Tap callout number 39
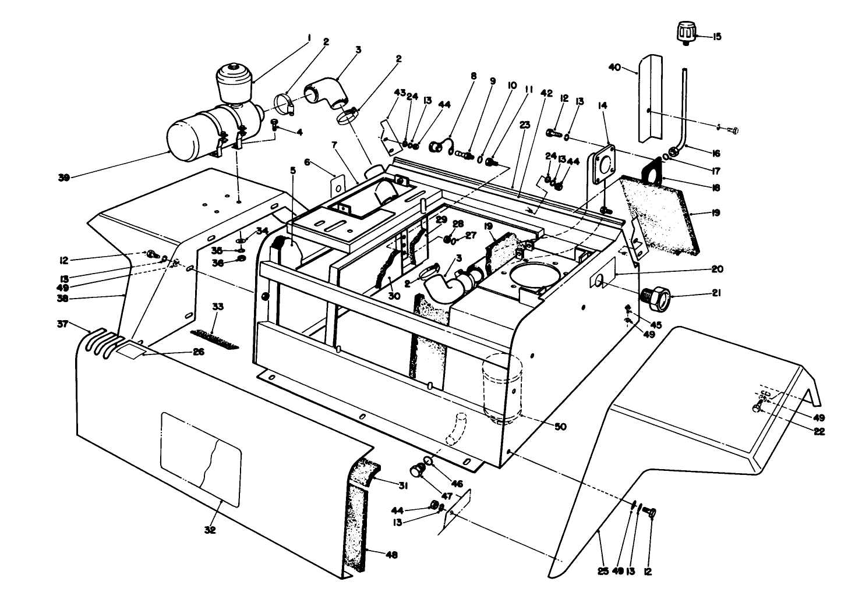[x=64, y=178]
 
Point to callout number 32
[x=210, y=530]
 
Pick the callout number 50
[x=560, y=427]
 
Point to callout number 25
[x=603, y=572]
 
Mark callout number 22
[x=820, y=431]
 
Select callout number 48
[x=391, y=555]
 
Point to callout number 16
[x=716, y=154]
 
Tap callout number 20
[x=716, y=269]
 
